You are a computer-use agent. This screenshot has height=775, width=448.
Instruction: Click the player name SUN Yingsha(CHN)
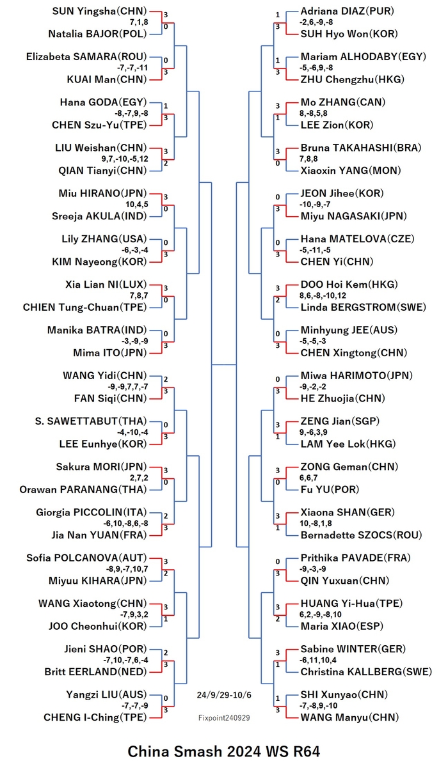pyautogui.click(x=100, y=12)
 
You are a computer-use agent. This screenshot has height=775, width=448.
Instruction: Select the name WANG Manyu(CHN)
pyautogui.click(x=349, y=717)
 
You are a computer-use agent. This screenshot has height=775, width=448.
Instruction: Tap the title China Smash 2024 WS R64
pyautogui.click(x=223, y=751)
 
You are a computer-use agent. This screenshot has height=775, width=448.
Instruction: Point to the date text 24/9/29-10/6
pyautogui.click(x=224, y=694)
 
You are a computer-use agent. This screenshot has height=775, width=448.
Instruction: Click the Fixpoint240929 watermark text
pyautogui.click(x=224, y=718)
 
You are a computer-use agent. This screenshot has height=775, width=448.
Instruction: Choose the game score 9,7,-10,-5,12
pyautogui.click(x=125, y=159)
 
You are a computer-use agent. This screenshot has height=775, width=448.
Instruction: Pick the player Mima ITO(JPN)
pyautogui.click(x=110, y=353)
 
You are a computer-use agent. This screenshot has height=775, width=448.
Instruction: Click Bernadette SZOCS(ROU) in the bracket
pyautogui.click(x=361, y=535)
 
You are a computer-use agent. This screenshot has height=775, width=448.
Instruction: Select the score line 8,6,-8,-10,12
pyautogui.click(x=323, y=295)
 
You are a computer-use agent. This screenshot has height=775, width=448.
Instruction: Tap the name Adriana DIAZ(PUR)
pyautogui.click(x=348, y=12)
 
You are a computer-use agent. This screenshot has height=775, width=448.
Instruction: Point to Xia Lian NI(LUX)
pyautogui.click(x=106, y=285)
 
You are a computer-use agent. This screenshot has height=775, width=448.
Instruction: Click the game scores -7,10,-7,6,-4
pyautogui.click(x=125, y=660)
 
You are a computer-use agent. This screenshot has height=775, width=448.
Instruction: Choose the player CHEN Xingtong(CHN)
pyautogui.click(x=353, y=353)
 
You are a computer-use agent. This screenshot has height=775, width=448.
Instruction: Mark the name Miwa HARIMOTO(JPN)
pyautogui.click(x=356, y=376)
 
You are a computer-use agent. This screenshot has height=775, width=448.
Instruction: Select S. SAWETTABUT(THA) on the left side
pyautogui.click(x=91, y=421)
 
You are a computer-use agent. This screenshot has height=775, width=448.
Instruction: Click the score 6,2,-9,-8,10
pyautogui.click(x=321, y=615)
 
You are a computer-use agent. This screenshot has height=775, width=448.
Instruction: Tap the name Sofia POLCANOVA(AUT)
pyautogui.click(x=87, y=558)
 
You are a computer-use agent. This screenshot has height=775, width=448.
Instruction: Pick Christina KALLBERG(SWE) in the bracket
pyautogui.click(x=366, y=672)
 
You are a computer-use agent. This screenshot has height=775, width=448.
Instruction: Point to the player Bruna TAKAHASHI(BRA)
pyautogui.click(x=361, y=148)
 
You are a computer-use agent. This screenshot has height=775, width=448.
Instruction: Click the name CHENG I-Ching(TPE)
pyautogui.click(x=95, y=717)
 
